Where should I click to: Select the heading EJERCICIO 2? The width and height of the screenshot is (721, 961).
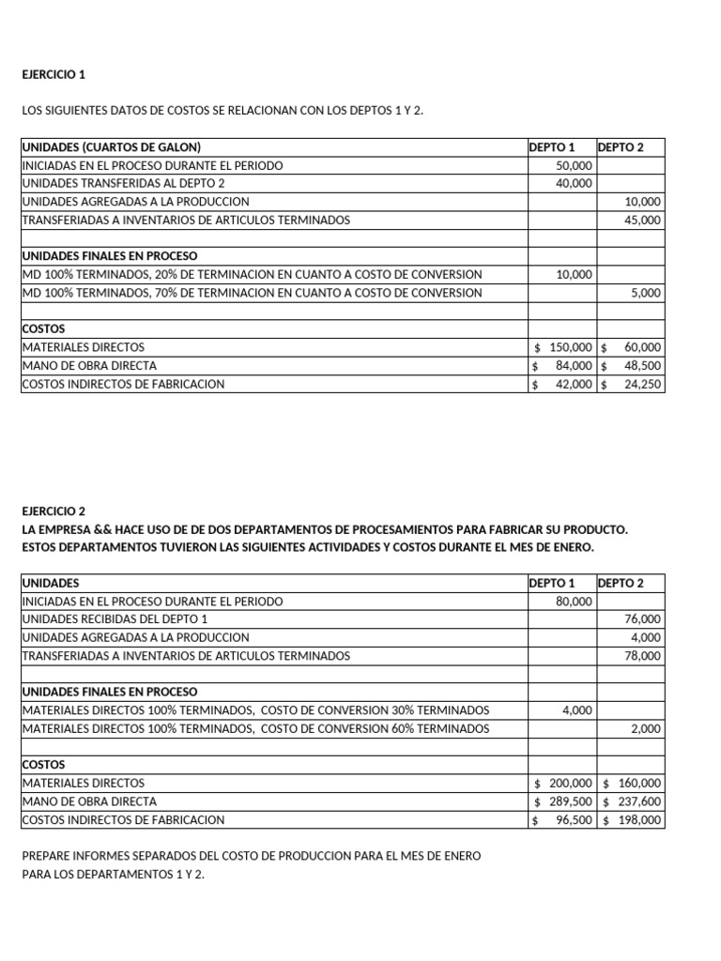point(53,511)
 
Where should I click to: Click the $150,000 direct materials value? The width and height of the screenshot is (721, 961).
point(563,347)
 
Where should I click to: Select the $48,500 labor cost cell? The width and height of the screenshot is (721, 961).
point(632,366)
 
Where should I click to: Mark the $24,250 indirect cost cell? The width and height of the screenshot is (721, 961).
point(632,384)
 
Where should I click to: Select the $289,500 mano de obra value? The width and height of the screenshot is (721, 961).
point(563,801)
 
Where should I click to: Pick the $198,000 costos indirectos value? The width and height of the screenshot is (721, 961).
point(632,820)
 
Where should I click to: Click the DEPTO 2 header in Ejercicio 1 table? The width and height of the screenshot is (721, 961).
point(621,147)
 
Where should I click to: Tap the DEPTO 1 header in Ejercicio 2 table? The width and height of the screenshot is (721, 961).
point(552,583)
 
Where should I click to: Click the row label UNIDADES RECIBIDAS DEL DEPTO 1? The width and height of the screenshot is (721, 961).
point(115,619)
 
